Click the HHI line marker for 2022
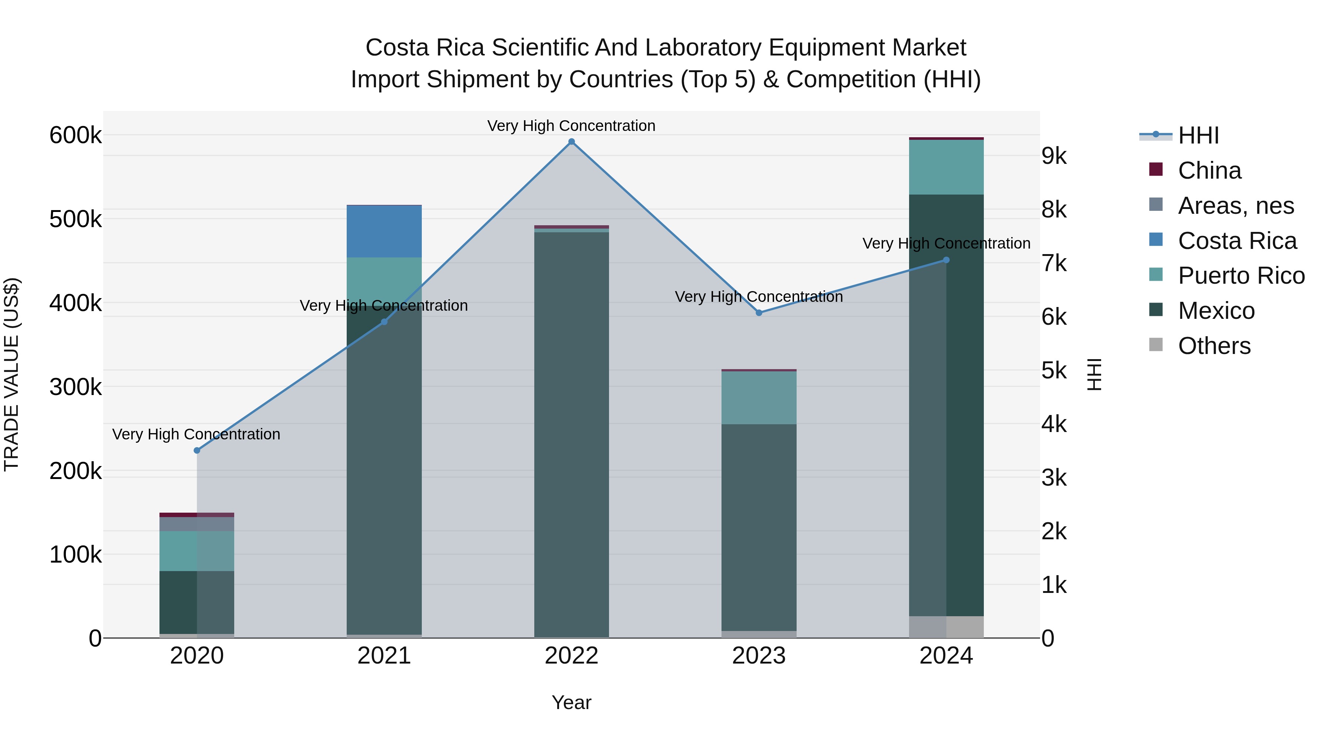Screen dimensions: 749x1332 click(x=571, y=142)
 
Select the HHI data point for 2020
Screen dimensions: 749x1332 click(x=196, y=450)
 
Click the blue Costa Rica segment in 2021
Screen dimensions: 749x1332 click(x=384, y=231)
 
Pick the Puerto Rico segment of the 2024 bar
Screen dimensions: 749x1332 click(x=946, y=167)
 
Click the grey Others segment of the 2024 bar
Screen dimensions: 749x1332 click(x=946, y=627)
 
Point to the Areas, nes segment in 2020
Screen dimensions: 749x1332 click(x=196, y=524)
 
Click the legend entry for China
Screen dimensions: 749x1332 click(x=1209, y=171)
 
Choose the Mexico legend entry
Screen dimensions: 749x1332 click(x=1216, y=311)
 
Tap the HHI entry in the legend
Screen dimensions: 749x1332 click(x=1198, y=135)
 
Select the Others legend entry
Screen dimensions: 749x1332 click(x=1214, y=346)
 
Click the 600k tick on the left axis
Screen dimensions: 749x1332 click(x=75, y=135)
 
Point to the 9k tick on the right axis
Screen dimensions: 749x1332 click(x=1054, y=156)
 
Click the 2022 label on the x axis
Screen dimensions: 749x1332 click(x=571, y=656)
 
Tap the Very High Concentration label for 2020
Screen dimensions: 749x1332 click(x=196, y=434)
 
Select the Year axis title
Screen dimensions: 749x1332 click(x=571, y=702)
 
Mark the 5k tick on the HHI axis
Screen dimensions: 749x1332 click(x=1054, y=371)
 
